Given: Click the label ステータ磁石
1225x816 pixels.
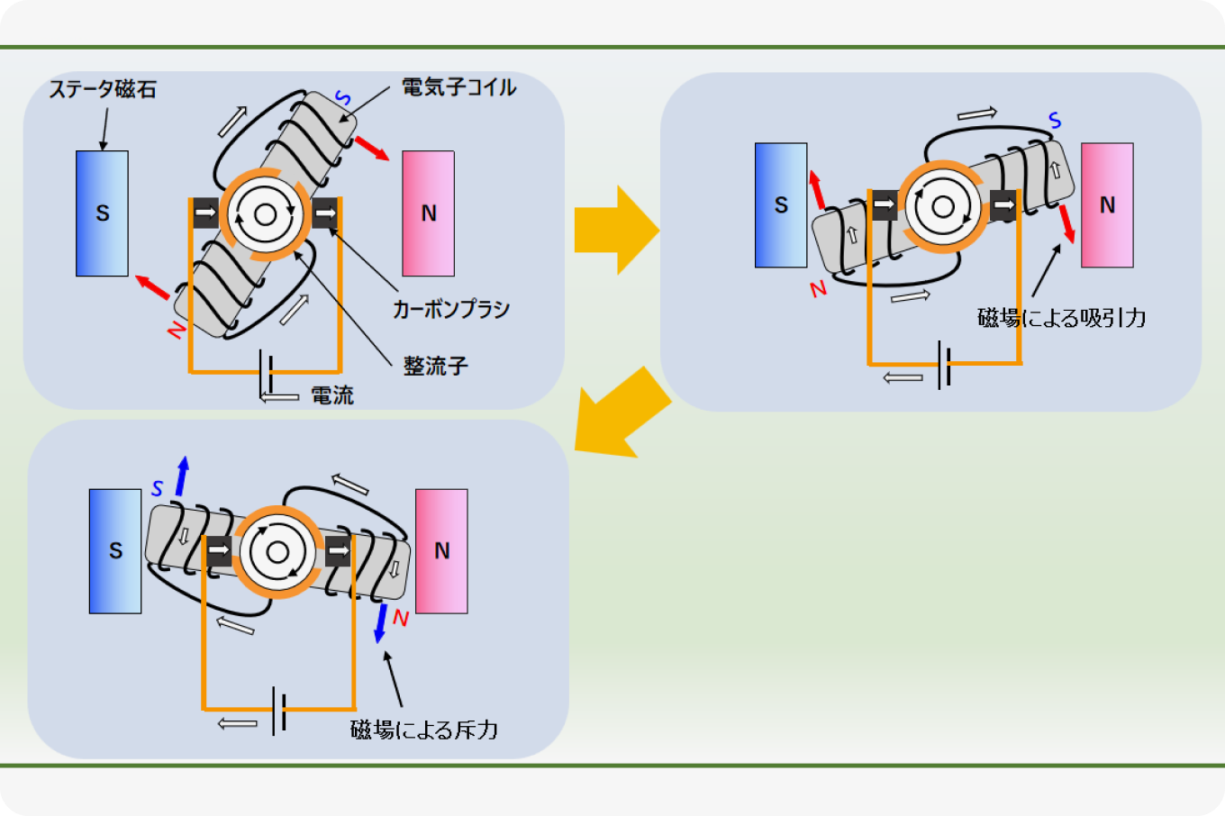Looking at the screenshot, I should pos(103,89).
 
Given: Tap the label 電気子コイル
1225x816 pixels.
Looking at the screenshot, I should pos(458,87).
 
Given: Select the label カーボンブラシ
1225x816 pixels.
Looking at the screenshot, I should pos(450,309).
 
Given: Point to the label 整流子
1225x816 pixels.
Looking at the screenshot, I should pos(435,367).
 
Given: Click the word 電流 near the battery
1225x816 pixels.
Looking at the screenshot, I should pos(331,395).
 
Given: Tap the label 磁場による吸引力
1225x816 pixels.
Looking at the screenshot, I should pos(1061,318).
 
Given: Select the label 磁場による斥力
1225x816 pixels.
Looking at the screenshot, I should pos(423,730).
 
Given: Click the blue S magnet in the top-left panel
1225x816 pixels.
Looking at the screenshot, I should pos(102,213).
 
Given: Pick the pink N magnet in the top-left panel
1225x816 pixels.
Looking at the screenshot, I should pos(428,213).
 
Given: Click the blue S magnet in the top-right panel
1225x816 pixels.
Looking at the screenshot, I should pos(781,205).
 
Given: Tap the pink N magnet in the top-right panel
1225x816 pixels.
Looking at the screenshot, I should pos(1107,205).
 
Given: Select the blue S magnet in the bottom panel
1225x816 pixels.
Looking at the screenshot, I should pos(115,551).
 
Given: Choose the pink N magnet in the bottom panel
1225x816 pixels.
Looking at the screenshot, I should pos(441,551).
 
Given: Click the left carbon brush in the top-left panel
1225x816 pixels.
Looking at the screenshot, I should pos(205,213).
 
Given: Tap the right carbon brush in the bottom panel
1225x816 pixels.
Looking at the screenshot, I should pos(338,550).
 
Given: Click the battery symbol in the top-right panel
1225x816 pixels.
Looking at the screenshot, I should pos(943,364).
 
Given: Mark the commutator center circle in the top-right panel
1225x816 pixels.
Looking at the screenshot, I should pos(943,206).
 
